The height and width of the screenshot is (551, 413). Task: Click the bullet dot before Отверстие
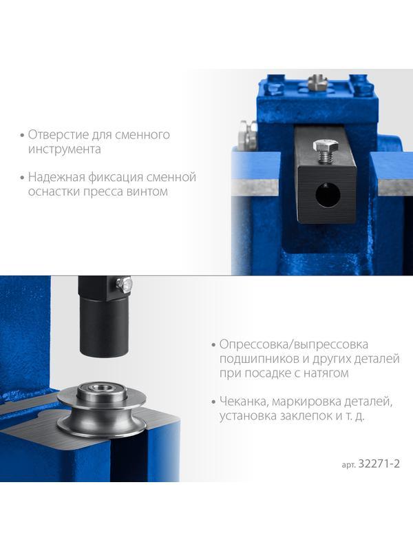[23, 135]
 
